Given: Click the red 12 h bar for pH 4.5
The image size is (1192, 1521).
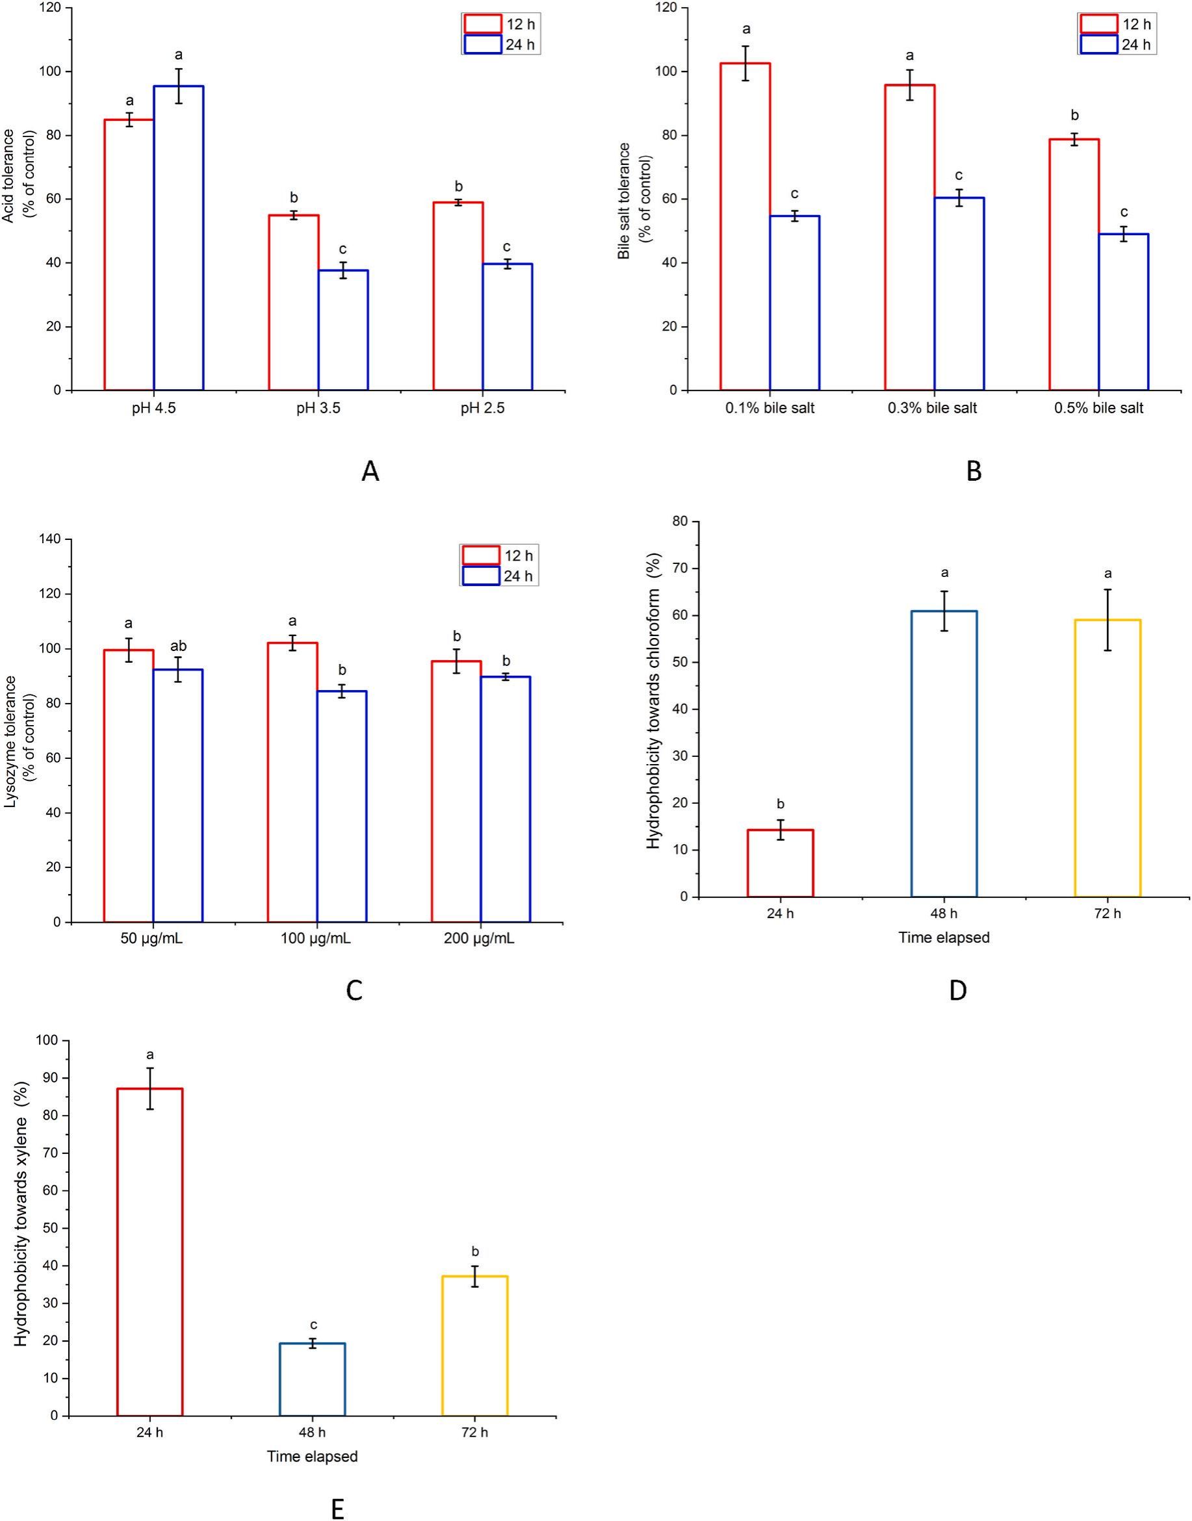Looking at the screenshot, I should pyautogui.click(x=129, y=255).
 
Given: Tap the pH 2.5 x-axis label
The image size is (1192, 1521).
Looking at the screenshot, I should pyautogui.click(x=482, y=408).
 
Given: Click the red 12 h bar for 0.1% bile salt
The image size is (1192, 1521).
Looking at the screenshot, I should pyautogui.click(x=745, y=227).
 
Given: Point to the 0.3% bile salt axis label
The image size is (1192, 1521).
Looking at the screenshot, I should pyautogui.click(x=933, y=408).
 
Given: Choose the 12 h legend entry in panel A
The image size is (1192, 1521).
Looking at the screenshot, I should pyautogui.click(x=501, y=25).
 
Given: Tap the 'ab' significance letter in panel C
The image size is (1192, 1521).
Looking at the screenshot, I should pyautogui.click(x=178, y=646).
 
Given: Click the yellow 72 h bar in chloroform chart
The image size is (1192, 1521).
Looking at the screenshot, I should pyautogui.click(x=1108, y=758).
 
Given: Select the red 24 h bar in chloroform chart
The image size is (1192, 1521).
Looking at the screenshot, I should pyautogui.click(x=780, y=863).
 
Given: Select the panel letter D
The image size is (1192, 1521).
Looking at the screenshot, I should pyautogui.click(x=958, y=990).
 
